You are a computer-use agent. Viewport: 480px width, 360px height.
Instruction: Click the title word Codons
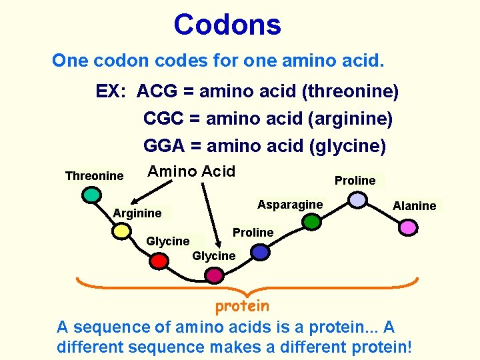click(x=227, y=25)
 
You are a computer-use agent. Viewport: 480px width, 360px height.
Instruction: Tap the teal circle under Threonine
click(x=91, y=195)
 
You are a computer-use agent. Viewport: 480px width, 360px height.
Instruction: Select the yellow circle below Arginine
click(x=121, y=231)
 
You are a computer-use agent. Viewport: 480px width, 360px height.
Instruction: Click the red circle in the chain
click(x=159, y=261)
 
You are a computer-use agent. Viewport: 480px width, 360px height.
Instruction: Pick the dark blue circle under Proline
click(x=261, y=252)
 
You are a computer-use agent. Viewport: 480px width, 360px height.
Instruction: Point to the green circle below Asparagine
click(x=311, y=222)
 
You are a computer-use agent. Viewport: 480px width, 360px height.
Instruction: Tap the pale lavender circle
click(x=358, y=200)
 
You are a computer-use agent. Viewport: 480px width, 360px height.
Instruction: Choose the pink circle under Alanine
click(x=407, y=228)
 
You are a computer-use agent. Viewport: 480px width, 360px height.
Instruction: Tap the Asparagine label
click(x=290, y=205)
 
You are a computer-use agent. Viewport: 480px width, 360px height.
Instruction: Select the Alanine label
click(x=414, y=206)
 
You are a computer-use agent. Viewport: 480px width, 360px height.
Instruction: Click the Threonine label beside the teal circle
click(x=94, y=176)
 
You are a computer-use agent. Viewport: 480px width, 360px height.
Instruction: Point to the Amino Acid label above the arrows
click(x=191, y=171)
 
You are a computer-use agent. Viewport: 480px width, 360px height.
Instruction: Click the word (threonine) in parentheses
click(x=350, y=91)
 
